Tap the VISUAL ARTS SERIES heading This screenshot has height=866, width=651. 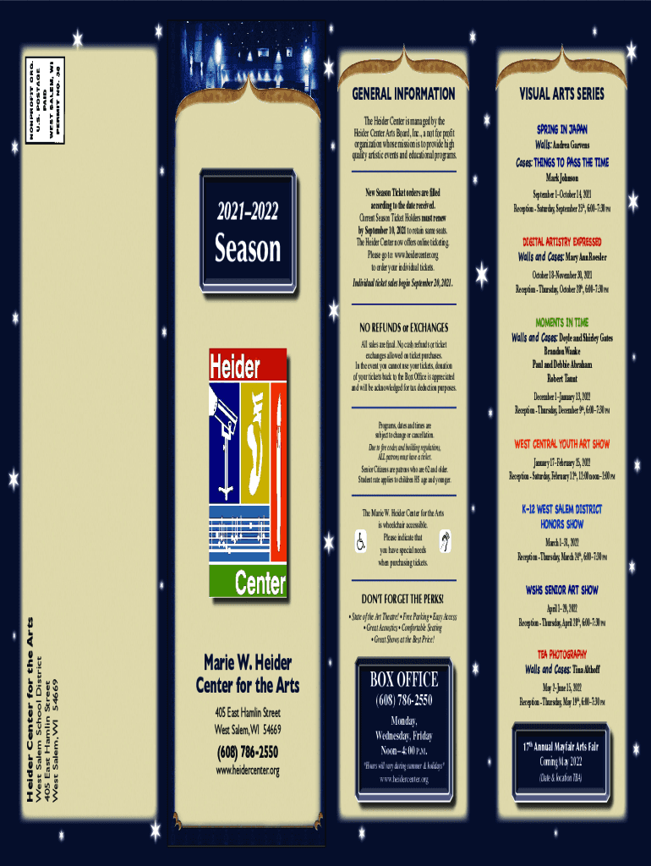coord(561,94)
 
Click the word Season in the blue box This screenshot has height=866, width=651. coord(247,249)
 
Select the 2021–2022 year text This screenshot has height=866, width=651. coord(247,211)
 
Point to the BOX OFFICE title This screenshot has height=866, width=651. coord(403,679)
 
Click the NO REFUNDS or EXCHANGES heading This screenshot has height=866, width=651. coord(403,327)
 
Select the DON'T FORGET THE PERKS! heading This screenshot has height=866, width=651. coord(403,600)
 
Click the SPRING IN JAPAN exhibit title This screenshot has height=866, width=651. coord(561,129)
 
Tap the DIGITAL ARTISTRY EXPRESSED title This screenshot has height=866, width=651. coord(561,242)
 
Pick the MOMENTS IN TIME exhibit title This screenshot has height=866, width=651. coord(561,323)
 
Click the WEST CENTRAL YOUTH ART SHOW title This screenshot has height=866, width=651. coord(561,443)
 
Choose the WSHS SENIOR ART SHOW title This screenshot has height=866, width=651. coord(561,590)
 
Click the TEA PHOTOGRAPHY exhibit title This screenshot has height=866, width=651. coord(561,655)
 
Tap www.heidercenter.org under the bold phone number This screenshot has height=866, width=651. coord(248,770)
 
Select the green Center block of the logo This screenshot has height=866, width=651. coord(247,581)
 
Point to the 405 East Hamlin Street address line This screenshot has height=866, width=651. coord(248,712)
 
